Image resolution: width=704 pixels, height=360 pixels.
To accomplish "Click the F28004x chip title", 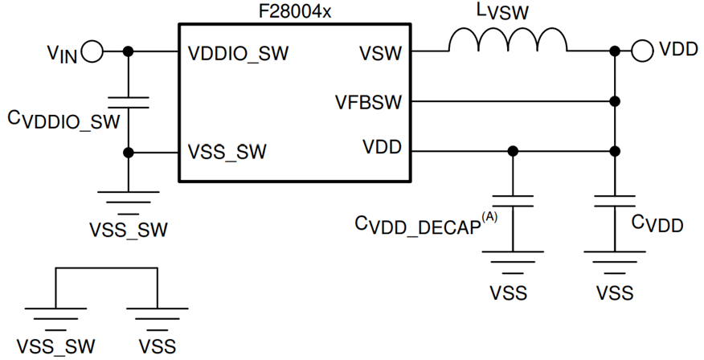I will pos(295,11).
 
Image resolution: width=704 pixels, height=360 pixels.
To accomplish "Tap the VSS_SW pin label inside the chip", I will pos(227,151).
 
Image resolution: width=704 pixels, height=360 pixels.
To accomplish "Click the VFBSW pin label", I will pos(369,102).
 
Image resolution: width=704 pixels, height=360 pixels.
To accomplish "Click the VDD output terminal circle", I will pos(641,51).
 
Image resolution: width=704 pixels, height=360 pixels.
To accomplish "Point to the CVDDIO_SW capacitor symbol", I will pos(128,101).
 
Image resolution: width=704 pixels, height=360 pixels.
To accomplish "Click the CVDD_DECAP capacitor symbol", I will pos(513,200).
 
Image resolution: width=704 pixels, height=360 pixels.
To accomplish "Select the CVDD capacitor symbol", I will pos(615,200).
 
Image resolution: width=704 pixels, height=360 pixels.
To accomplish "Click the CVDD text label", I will pos(657,224).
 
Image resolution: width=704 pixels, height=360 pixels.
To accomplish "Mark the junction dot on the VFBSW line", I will pos(615,102).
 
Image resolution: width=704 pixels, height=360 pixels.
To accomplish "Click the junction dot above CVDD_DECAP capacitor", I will pos(513,151).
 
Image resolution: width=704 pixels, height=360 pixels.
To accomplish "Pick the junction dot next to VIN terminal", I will pos(128,52).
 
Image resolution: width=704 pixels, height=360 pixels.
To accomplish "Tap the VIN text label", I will pos(62,55).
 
